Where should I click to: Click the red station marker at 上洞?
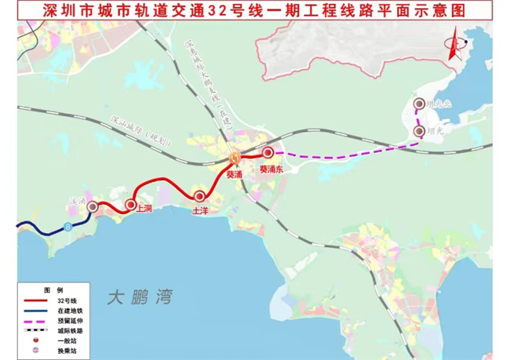(x=130, y=205)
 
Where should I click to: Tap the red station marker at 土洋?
(x=200, y=196)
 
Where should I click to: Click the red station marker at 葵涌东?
(x=268, y=152)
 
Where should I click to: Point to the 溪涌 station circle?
(x=93, y=207)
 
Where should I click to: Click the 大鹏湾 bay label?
(x=140, y=298)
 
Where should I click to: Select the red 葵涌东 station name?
(x=271, y=168)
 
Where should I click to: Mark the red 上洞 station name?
(x=144, y=209)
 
